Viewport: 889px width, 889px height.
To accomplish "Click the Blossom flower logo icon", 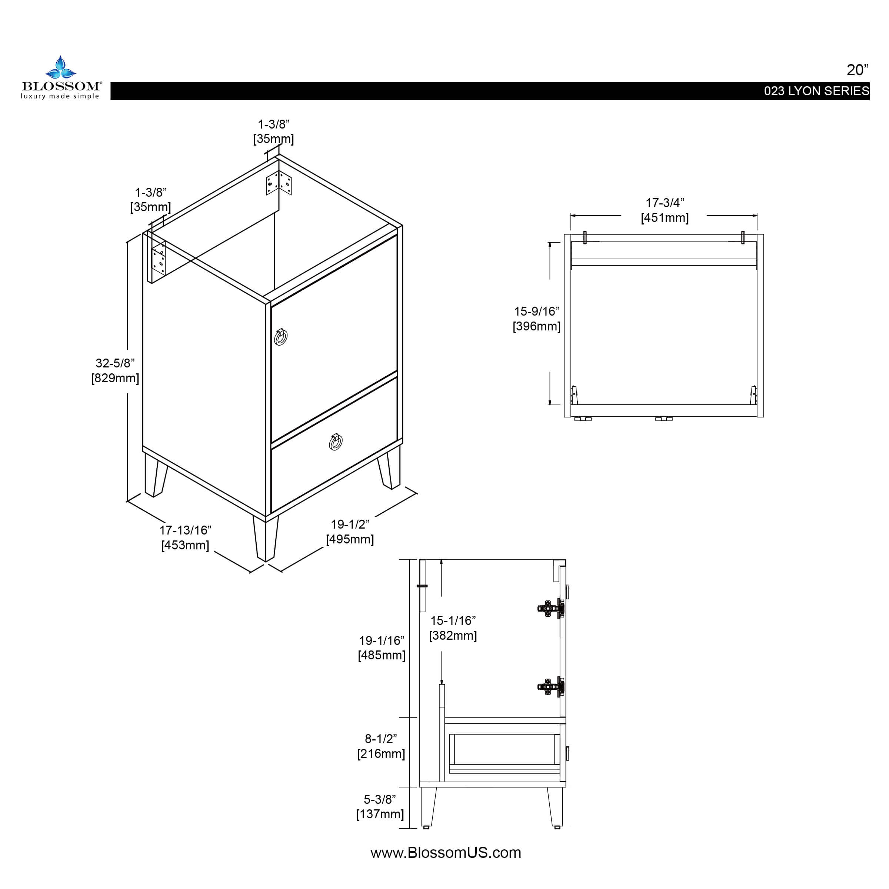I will pos(60,68).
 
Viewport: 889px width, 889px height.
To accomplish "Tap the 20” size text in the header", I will pos(857,70).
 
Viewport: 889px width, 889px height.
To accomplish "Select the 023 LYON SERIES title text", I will pos(816,91).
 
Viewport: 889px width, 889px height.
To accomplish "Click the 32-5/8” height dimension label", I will pos(115,363).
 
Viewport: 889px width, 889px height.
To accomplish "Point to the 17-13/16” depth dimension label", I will pos(185,530).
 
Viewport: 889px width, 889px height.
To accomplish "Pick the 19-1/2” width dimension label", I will pos(350,524).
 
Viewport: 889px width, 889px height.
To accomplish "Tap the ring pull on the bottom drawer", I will pos(336,442).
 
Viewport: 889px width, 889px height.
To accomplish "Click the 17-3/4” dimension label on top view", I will pos(665,203).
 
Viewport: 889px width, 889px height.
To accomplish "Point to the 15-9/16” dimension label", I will pos(536,312).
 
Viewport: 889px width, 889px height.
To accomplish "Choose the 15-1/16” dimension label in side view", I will pos(453,621).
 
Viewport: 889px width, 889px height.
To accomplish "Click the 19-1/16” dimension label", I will pos(382,640).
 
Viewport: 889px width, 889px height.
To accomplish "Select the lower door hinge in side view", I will pos(551,687).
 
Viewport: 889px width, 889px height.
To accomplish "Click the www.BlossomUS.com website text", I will pos(445,853).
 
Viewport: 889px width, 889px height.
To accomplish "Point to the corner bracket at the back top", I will pos(279,183).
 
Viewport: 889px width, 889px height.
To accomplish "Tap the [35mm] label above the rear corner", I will pos(273,139).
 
